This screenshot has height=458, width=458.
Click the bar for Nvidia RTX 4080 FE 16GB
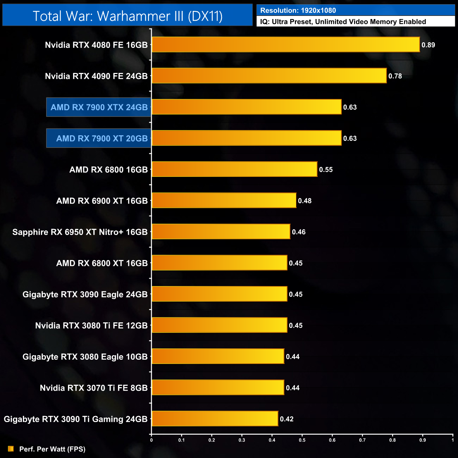tap(285, 45)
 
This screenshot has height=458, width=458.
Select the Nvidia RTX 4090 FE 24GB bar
tap(269, 76)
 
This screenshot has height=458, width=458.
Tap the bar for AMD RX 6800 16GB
tap(234, 169)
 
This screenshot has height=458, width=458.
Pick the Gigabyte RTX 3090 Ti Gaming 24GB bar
tap(215, 419)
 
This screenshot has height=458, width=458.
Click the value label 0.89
tap(428, 45)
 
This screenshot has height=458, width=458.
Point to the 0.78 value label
tap(395, 76)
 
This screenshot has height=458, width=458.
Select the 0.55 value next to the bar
tap(326, 170)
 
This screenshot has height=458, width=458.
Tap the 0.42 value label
tap(286, 419)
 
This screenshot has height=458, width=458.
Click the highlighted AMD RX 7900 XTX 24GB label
tap(99, 107)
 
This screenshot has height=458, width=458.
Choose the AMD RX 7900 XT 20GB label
tap(102, 138)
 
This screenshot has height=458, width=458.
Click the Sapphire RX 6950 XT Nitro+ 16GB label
tap(80, 232)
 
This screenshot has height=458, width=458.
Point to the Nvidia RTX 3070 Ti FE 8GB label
tap(94, 388)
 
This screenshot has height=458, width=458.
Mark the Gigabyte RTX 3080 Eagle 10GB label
tap(85, 357)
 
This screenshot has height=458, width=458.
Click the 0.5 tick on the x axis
tap(302, 440)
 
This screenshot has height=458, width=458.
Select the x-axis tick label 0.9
tap(422, 440)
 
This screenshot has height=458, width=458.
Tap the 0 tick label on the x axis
tap(151, 440)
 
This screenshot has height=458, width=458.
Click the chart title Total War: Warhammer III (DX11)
tap(128, 16)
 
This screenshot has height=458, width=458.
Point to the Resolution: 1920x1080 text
tap(298, 11)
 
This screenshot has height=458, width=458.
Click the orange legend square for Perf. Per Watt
tap(11, 449)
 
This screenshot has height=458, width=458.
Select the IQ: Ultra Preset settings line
tap(343, 22)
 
